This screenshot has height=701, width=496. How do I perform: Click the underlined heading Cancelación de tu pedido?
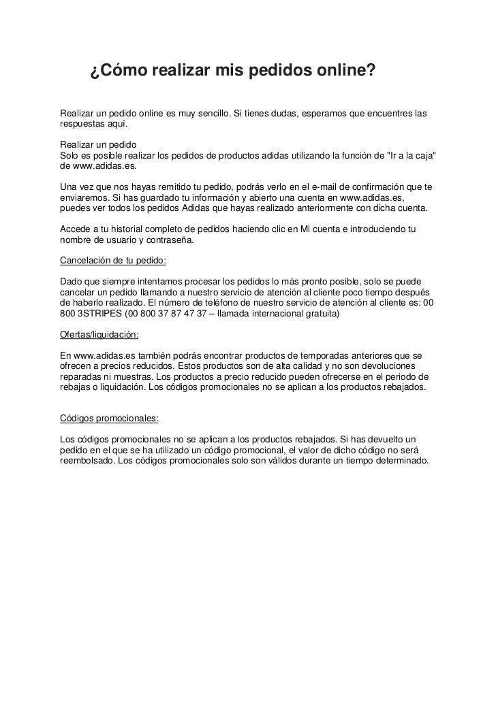coord(113,260)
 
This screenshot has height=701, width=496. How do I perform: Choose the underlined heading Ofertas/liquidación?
coord(99,334)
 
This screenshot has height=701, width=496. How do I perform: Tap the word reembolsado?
coord(87,460)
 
